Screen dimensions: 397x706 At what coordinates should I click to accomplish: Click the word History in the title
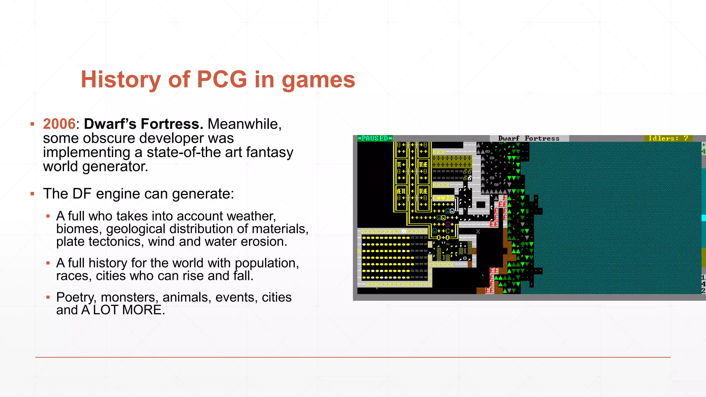(121, 80)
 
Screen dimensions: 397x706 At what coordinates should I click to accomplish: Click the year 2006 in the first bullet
(59, 124)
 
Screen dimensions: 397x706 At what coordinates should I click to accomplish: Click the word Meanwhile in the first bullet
(244, 124)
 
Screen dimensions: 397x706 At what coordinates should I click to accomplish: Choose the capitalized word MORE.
(143, 310)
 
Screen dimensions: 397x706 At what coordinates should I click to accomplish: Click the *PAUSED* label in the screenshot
(375, 139)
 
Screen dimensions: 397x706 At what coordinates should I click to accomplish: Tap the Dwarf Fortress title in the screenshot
(529, 139)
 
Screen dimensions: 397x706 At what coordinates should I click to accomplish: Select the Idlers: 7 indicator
(668, 139)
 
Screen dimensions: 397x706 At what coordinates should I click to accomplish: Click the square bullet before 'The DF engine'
(32, 194)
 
